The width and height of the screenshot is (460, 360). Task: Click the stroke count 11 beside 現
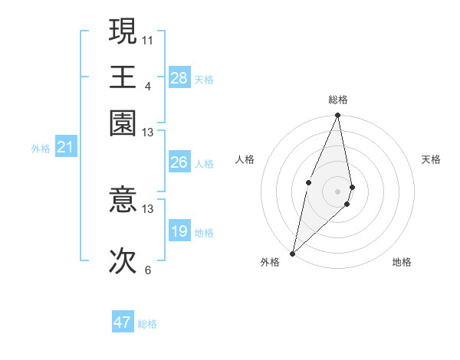(x=148, y=38)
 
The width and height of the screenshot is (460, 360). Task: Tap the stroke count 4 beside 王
(x=147, y=85)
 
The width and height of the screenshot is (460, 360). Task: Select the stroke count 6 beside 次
(x=147, y=270)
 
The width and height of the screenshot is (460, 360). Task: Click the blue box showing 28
(x=179, y=77)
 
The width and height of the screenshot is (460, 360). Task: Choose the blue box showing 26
(x=179, y=162)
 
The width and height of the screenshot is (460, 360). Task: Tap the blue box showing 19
(x=179, y=231)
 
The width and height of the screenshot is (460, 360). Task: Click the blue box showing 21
(x=64, y=147)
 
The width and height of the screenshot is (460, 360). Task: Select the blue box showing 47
(x=123, y=322)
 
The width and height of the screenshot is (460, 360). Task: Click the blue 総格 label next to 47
(x=147, y=324)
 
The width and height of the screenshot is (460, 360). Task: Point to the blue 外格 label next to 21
(x=40, y=149)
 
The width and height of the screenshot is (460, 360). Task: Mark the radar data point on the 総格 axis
(x=337, y=116)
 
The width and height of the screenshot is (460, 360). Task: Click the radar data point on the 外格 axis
(x=293, y=253)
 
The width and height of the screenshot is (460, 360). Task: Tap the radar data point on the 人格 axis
(x=308, y=182)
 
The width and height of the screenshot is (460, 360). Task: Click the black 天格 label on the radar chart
(x=431, y=159)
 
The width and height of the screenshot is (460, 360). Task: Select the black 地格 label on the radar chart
(x=402, y=263)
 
